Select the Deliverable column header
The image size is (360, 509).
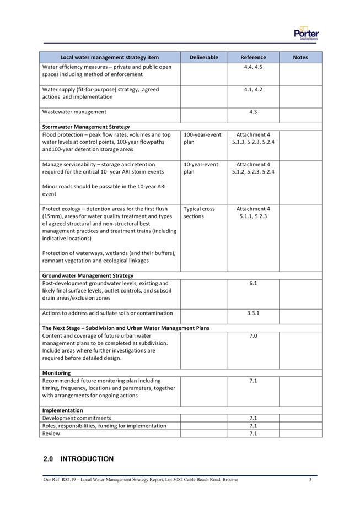pyautogui.click(x=204, y=57)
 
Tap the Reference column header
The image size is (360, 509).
pyautogui.click(x=253, y=57)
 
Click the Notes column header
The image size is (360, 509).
pyautogui.click(x=300, y=57)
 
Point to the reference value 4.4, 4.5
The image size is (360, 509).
pyautogui.click(x=253, y=67)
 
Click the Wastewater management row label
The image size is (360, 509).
pyautogui.click(x=74, y=112)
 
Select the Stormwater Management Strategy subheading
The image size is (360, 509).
pyautogui.click(x=86, y=127)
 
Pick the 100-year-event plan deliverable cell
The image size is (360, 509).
pyautogui.click(x=202, y=138)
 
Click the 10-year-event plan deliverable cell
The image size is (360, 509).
pyautogui.click(x=201, y=168)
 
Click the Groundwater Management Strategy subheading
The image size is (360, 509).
pyautogui.click(x=88, y=275)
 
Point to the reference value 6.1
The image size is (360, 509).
pyautogui.click(x=253, y=283)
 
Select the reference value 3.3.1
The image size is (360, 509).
pyautogui.click(x=253, y=313)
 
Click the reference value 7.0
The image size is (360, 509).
pyautogui.click(x=253, y=335)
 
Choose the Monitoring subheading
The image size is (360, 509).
pyautogui.click(x=56, y=373)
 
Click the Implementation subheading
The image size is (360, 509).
pyautogui.click(x=62, y=410)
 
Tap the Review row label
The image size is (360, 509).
pyautogui.click(x=51, y=434)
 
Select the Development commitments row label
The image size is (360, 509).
pyautogui.click(x=77, y=418)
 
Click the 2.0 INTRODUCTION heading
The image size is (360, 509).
pyautogui.click(x=78, y=459)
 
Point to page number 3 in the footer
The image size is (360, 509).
pyautogui.click(x=310, y=480)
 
